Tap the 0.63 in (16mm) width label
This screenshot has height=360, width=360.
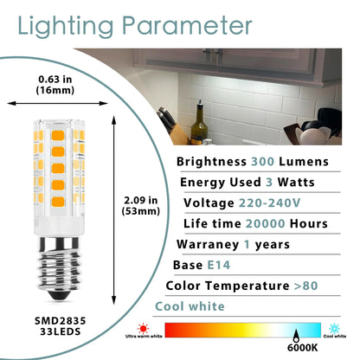(55, 87)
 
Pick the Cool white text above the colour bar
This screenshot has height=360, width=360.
(189, 306)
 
